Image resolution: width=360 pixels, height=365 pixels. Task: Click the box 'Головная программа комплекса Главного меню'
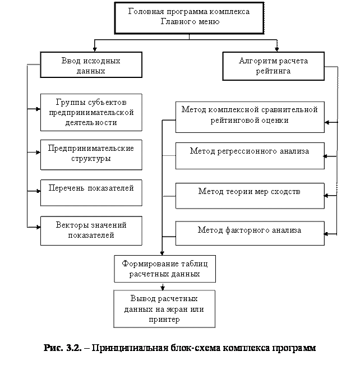(189, 17)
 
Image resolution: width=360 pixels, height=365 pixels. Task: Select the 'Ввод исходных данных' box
(91, 65)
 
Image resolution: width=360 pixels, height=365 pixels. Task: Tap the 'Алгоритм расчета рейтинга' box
(273, 66)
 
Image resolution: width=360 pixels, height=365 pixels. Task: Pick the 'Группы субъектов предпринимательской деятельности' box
(91, 112)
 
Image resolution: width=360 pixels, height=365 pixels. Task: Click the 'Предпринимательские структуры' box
(91, 154)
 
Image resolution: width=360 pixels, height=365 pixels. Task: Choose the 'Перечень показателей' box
(91, 192)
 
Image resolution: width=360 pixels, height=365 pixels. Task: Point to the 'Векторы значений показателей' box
(91, 230)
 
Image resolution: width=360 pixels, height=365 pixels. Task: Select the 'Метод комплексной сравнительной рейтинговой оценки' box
(250, 116)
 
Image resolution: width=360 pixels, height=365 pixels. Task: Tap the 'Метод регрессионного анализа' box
(250, 155)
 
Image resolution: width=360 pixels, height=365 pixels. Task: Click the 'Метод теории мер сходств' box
(250, 195)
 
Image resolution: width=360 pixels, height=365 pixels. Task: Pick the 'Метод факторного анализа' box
(250, 233)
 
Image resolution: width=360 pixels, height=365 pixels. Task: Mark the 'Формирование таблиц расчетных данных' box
(164, 269)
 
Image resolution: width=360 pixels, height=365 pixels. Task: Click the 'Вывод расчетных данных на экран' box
(164, 308)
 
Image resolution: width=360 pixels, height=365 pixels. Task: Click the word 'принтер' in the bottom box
(164, 320)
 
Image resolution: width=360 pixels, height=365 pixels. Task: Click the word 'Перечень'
(66, 188)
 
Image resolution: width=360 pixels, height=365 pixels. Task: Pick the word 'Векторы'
(71, 225)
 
